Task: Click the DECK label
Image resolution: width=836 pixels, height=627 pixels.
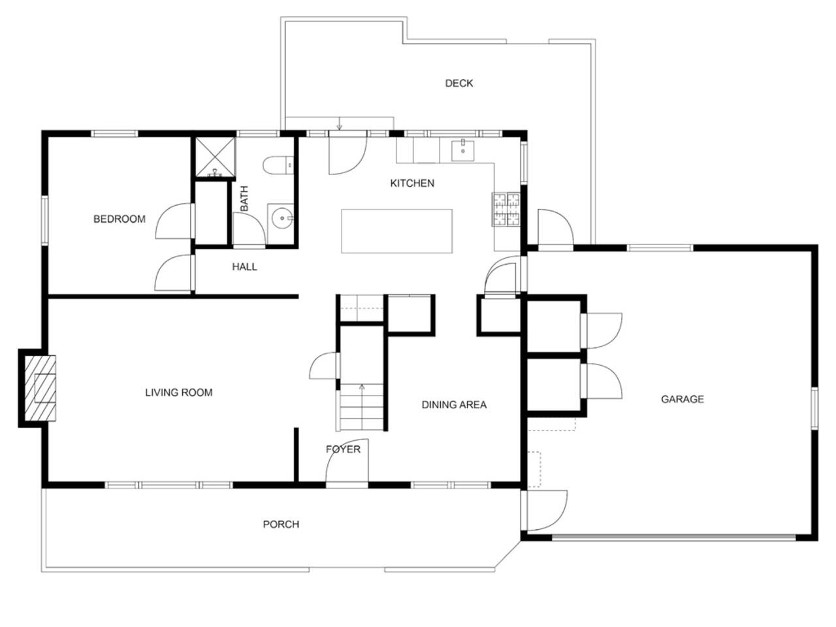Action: click(x=458, y=83)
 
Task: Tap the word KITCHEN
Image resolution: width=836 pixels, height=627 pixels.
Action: click(x=411, y=183)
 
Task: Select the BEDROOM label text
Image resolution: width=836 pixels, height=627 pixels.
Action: click(x=120, y=219)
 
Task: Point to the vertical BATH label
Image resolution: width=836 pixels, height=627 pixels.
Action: click(x=244, y=199)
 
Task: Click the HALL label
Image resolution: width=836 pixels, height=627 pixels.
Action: click(x=244, y=267)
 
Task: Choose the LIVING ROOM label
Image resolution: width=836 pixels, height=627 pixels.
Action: click(x=178, y=393)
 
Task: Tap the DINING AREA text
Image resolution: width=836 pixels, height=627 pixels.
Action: click(x=454, y=405)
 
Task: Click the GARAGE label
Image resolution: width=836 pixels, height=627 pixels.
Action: click(x=682, y=399)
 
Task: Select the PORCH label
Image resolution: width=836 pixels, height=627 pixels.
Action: click(x=281, y=524)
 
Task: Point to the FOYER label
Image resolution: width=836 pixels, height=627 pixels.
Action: click(x=343, y=449)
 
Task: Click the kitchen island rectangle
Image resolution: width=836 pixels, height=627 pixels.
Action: click(x=396, y=231)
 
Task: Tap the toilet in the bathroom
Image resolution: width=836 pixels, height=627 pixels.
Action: click(x=278, y=165)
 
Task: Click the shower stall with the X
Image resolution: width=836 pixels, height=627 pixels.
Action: click(x=215, y=157)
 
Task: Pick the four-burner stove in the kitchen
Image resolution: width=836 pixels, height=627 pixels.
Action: click(x=506, y=210)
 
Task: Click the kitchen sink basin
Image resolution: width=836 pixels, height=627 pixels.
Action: click(x=463, y=151)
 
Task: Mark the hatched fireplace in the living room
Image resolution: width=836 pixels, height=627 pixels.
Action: click(x=40, y=389)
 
